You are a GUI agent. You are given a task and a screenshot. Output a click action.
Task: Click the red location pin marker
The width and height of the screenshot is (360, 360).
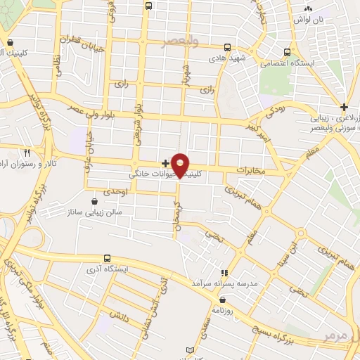pos(180,164)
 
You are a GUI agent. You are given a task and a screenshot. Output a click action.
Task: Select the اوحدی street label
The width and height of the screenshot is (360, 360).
pos(113,191)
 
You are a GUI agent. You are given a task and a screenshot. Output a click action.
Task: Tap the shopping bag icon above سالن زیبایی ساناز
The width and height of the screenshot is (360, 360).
pos(94,202)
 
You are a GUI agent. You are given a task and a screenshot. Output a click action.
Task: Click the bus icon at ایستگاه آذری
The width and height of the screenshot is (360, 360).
pos(107,258)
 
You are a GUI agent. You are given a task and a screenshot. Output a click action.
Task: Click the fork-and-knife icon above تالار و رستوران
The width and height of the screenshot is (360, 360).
pos(27,152)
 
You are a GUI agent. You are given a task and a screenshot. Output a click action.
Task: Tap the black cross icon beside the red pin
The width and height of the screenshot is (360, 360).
pos(165,163)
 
